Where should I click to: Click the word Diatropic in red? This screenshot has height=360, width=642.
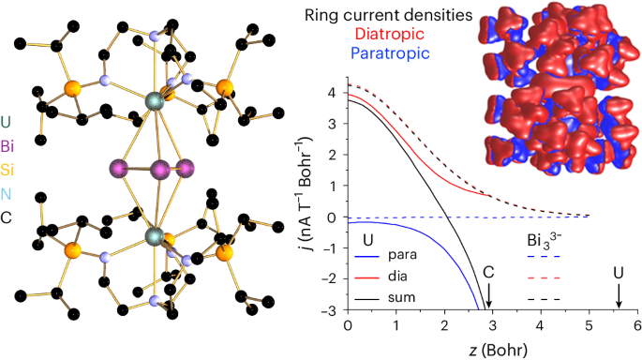[389, 34]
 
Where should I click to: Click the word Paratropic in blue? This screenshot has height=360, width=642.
[390, 52]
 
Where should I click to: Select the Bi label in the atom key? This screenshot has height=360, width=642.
[7, 146]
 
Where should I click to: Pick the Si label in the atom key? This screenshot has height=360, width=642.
[7, 169]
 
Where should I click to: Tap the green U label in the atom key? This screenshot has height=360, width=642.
[6, 122]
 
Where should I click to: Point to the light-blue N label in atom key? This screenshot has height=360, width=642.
[6, 194]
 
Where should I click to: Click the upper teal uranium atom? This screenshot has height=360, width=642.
[155, 101]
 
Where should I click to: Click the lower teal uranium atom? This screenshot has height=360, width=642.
[155, 236]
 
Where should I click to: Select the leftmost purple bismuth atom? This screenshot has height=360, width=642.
[119, 169]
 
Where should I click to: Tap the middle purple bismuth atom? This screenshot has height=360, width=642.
[160, 169]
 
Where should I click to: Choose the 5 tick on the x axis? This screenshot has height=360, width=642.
[590, 325]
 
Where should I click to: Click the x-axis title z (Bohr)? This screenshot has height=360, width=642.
[498, 350]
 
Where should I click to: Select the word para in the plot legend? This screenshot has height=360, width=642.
[402, 255]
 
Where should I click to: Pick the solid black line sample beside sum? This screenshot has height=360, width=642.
[368, 299]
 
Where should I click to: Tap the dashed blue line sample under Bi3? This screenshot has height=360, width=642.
[543, 257]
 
